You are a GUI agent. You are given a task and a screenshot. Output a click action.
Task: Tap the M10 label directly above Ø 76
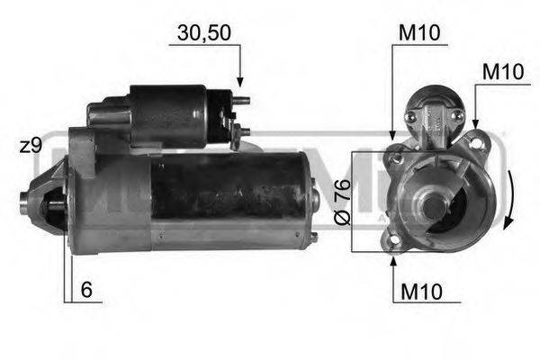pos(420,33)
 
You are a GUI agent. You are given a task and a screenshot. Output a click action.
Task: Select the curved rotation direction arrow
pos(510,200)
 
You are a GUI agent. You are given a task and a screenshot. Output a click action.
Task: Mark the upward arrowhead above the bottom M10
pos(393,262)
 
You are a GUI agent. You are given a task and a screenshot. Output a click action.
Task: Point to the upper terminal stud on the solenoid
pos(239,101)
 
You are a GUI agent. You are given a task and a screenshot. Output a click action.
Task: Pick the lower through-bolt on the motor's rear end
pos(313,237)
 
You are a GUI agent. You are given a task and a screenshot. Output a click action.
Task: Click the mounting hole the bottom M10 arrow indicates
pos(392,242)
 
